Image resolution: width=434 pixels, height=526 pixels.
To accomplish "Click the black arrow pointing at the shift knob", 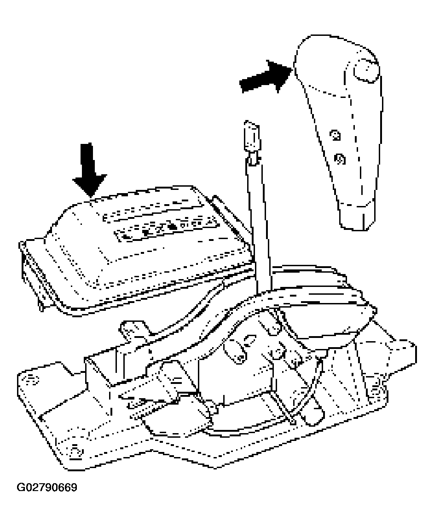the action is point(266,77).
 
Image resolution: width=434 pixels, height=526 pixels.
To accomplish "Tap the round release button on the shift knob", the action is point(366,71).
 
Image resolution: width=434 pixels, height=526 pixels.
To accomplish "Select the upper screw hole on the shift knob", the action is point(335,135).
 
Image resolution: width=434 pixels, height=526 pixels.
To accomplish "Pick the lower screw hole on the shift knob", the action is point(340,158).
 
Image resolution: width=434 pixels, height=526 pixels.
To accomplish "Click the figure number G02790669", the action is point(47,487).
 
